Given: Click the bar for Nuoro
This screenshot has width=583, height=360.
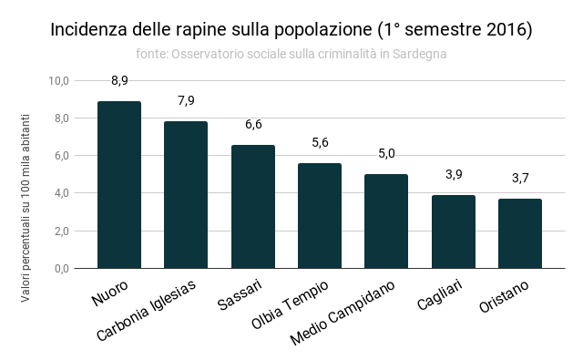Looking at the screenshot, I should click(x=119, y=185).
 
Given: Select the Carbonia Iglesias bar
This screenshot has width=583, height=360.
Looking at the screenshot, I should click(x=186, y=195).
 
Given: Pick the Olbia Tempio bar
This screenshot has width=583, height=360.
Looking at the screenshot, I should click(x=320, y=216).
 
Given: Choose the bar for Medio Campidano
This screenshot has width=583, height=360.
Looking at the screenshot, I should click(x=386, y=221).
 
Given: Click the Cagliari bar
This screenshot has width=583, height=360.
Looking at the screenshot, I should click(x=453, y=231).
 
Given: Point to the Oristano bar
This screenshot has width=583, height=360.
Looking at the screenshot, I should click(x=519, y=233).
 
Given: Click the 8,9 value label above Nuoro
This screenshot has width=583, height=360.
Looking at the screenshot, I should click(x=119, y=80).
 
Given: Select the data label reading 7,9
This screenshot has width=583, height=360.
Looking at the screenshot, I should click(x=186, y=100).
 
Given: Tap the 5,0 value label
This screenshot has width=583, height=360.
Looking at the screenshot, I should click(x=386, y=153).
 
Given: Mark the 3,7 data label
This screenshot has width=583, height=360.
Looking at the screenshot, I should click(x=519, y=178).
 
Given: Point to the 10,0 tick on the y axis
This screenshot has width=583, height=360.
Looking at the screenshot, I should click(x=58, y=81).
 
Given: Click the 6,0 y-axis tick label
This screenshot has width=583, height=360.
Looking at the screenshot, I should click(x=60, y=156).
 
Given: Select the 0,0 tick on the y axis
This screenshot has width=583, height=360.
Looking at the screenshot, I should click(x=60, y=269).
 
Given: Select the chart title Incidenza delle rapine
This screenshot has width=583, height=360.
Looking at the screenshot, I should click(x=291, y=29).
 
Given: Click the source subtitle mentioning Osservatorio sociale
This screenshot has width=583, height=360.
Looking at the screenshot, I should click(x=291, y=54).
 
